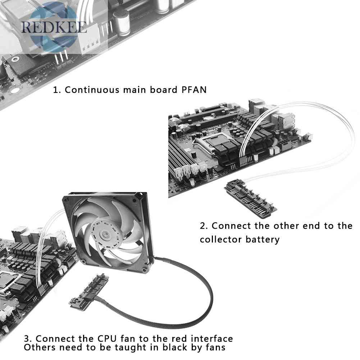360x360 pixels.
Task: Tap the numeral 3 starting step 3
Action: click(27, 339)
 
